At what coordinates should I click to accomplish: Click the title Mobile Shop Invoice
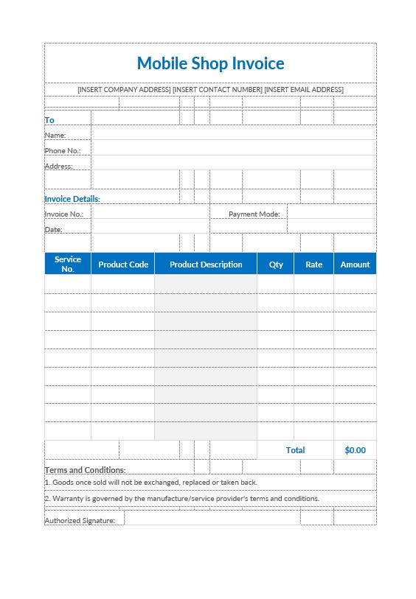point(210,63)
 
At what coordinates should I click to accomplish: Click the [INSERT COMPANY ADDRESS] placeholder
point(124,90)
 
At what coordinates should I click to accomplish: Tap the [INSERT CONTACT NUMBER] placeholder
point(217,90)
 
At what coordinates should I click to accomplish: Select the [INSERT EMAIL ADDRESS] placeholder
point(304,90)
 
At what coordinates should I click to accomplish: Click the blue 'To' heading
point(49,120)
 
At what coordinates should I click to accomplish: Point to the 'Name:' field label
point(55,136)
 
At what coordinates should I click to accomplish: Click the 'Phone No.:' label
point(63,151)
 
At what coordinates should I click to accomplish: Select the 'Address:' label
point(59,167)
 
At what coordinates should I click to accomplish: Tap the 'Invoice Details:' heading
point(72,199)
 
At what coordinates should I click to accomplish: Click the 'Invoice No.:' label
point(64,214)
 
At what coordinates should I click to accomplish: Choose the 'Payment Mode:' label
point(254,214)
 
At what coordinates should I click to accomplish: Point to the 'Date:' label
point(54,230)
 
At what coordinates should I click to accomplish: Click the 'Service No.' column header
point(68,265)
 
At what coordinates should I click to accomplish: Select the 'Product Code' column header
point(123,265)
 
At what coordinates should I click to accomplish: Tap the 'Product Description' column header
point(206,265)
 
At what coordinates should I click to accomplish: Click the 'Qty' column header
point(276,265)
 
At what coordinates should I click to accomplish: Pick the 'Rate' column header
point(314,265)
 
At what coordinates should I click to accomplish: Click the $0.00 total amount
point(355,450)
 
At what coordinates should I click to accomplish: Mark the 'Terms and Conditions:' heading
point(85,470)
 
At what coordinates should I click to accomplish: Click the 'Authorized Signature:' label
point(80,521)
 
